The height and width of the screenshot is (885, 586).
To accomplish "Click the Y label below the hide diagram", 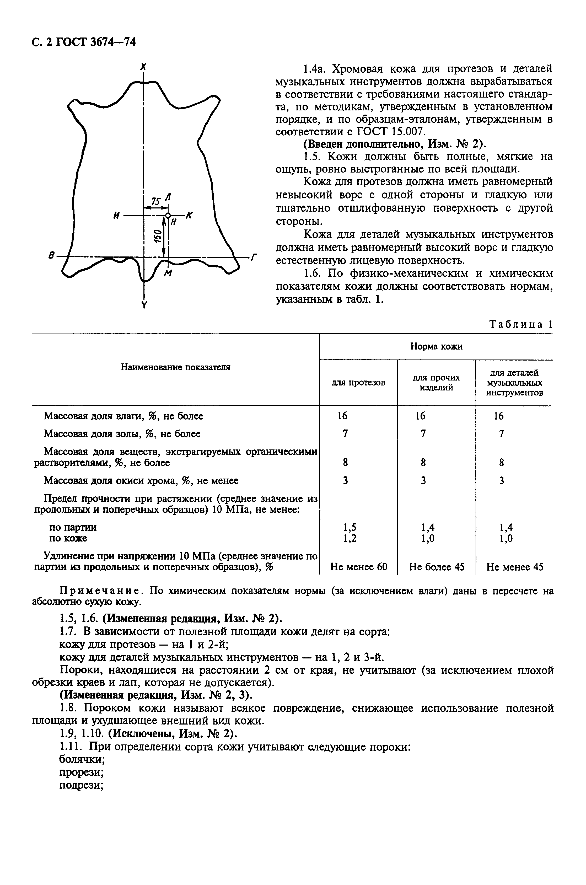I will coord(144,305).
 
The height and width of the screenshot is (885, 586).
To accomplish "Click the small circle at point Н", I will coord(168,216).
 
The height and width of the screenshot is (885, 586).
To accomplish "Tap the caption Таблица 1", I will coord(520,324).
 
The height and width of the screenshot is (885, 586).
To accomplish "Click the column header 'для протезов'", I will coord(358,382).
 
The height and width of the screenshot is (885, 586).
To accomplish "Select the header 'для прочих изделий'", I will coord(436,382).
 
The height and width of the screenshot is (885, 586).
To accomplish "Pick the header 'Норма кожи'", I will coord(436,346).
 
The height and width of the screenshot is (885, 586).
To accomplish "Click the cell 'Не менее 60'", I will coord(358,567).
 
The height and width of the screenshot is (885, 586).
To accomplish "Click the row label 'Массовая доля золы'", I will coord(122,433).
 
